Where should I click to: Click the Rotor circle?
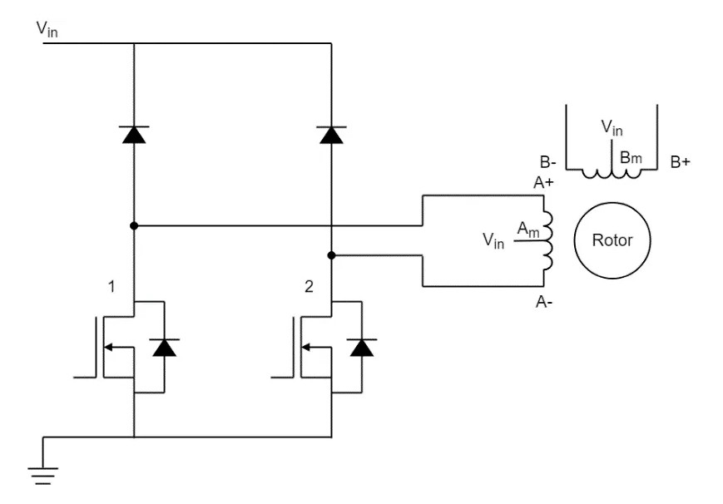(612, 240)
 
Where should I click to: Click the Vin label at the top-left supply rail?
(47, 29)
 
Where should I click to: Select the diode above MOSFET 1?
(134, 134)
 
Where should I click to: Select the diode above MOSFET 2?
(331, 134)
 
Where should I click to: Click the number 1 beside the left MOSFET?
(111, 287)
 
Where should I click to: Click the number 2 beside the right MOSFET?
(310, 287)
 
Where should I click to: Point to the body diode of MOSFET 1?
(165, 348)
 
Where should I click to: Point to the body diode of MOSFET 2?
(361, 348)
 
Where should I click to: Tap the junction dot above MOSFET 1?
(134, 225)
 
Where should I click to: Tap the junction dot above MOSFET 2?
(331, 255)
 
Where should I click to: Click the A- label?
(545, 303)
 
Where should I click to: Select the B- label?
(548, 162)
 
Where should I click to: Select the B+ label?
(680, 162)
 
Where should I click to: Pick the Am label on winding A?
(527, 228)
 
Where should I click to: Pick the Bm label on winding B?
(630, 156)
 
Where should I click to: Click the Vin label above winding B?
(612, 129)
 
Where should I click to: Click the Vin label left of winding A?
(493, 241)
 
